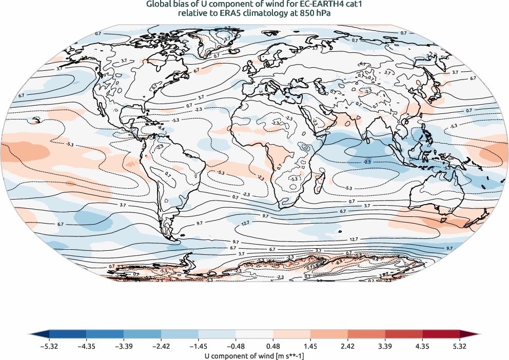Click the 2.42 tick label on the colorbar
click(385, 346)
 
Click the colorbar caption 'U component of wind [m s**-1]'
click(254, 355)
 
